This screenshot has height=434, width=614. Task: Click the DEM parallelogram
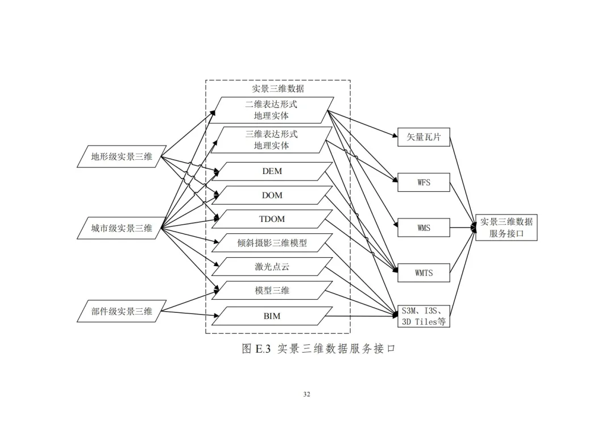coord(272,172)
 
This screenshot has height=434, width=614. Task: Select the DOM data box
coord(272,195)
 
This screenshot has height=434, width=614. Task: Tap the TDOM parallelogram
coord(272,219)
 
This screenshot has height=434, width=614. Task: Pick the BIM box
coord(272,316)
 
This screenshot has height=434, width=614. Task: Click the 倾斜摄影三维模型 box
coord(272,243)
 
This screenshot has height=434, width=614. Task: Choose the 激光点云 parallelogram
coord(272,267)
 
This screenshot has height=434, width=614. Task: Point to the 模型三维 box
coord(272,291)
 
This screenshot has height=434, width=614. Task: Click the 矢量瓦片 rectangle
coord(424,137)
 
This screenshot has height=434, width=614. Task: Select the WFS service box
coord(424,183)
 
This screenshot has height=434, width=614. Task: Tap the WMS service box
coord(424,228)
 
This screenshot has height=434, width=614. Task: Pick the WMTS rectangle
coord(424,272)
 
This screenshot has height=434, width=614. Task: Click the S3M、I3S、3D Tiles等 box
coord(424,316)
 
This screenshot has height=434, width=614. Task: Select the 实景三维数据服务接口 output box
coord(507,228)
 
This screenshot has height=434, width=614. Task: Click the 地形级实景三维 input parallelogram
coord(122,156)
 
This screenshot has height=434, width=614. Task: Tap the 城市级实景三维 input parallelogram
coord(122,228)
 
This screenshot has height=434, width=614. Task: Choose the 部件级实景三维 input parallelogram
coord(122,311)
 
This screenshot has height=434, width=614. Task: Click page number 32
coord(306,394)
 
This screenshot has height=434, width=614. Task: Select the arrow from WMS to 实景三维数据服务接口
coord(463,228)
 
